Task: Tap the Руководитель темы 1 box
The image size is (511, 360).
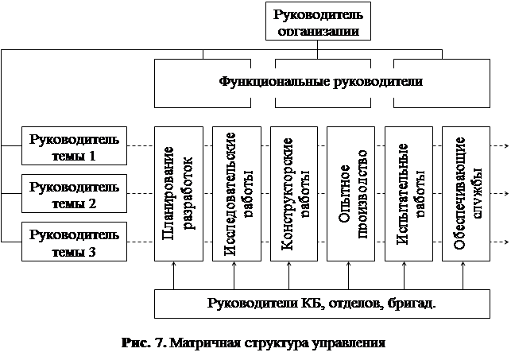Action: coord(74,147)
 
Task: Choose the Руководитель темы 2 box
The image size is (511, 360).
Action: coord(74,195)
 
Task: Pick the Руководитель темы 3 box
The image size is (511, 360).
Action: coord(74,242)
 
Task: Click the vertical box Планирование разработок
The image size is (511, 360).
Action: coord(178,194)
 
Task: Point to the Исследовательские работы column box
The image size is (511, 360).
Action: coord(235,194)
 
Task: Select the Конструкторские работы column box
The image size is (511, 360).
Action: coord(292,194)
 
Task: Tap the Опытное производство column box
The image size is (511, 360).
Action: coord(350,194)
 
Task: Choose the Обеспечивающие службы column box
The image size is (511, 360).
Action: coord(464,194)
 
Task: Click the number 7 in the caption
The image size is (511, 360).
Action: coord(159,343)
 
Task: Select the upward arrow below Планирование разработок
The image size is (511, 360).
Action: coord(174,277)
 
